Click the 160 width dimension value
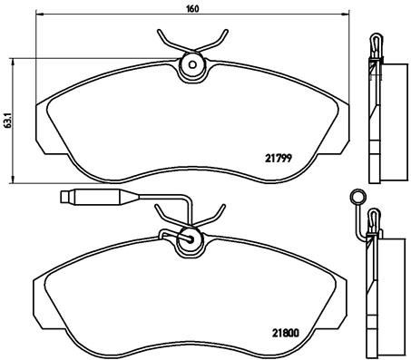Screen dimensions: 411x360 point(192,9)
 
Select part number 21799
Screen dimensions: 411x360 point(279,158)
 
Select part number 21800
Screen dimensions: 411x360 point(286,333)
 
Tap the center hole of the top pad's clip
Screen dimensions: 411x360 point(192,64)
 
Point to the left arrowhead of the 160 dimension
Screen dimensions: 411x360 point(38,14)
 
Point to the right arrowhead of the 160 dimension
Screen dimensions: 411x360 point(347,14)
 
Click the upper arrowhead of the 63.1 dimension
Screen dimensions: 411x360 point(13,63)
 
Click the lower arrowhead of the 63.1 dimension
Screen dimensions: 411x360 point(13,180)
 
